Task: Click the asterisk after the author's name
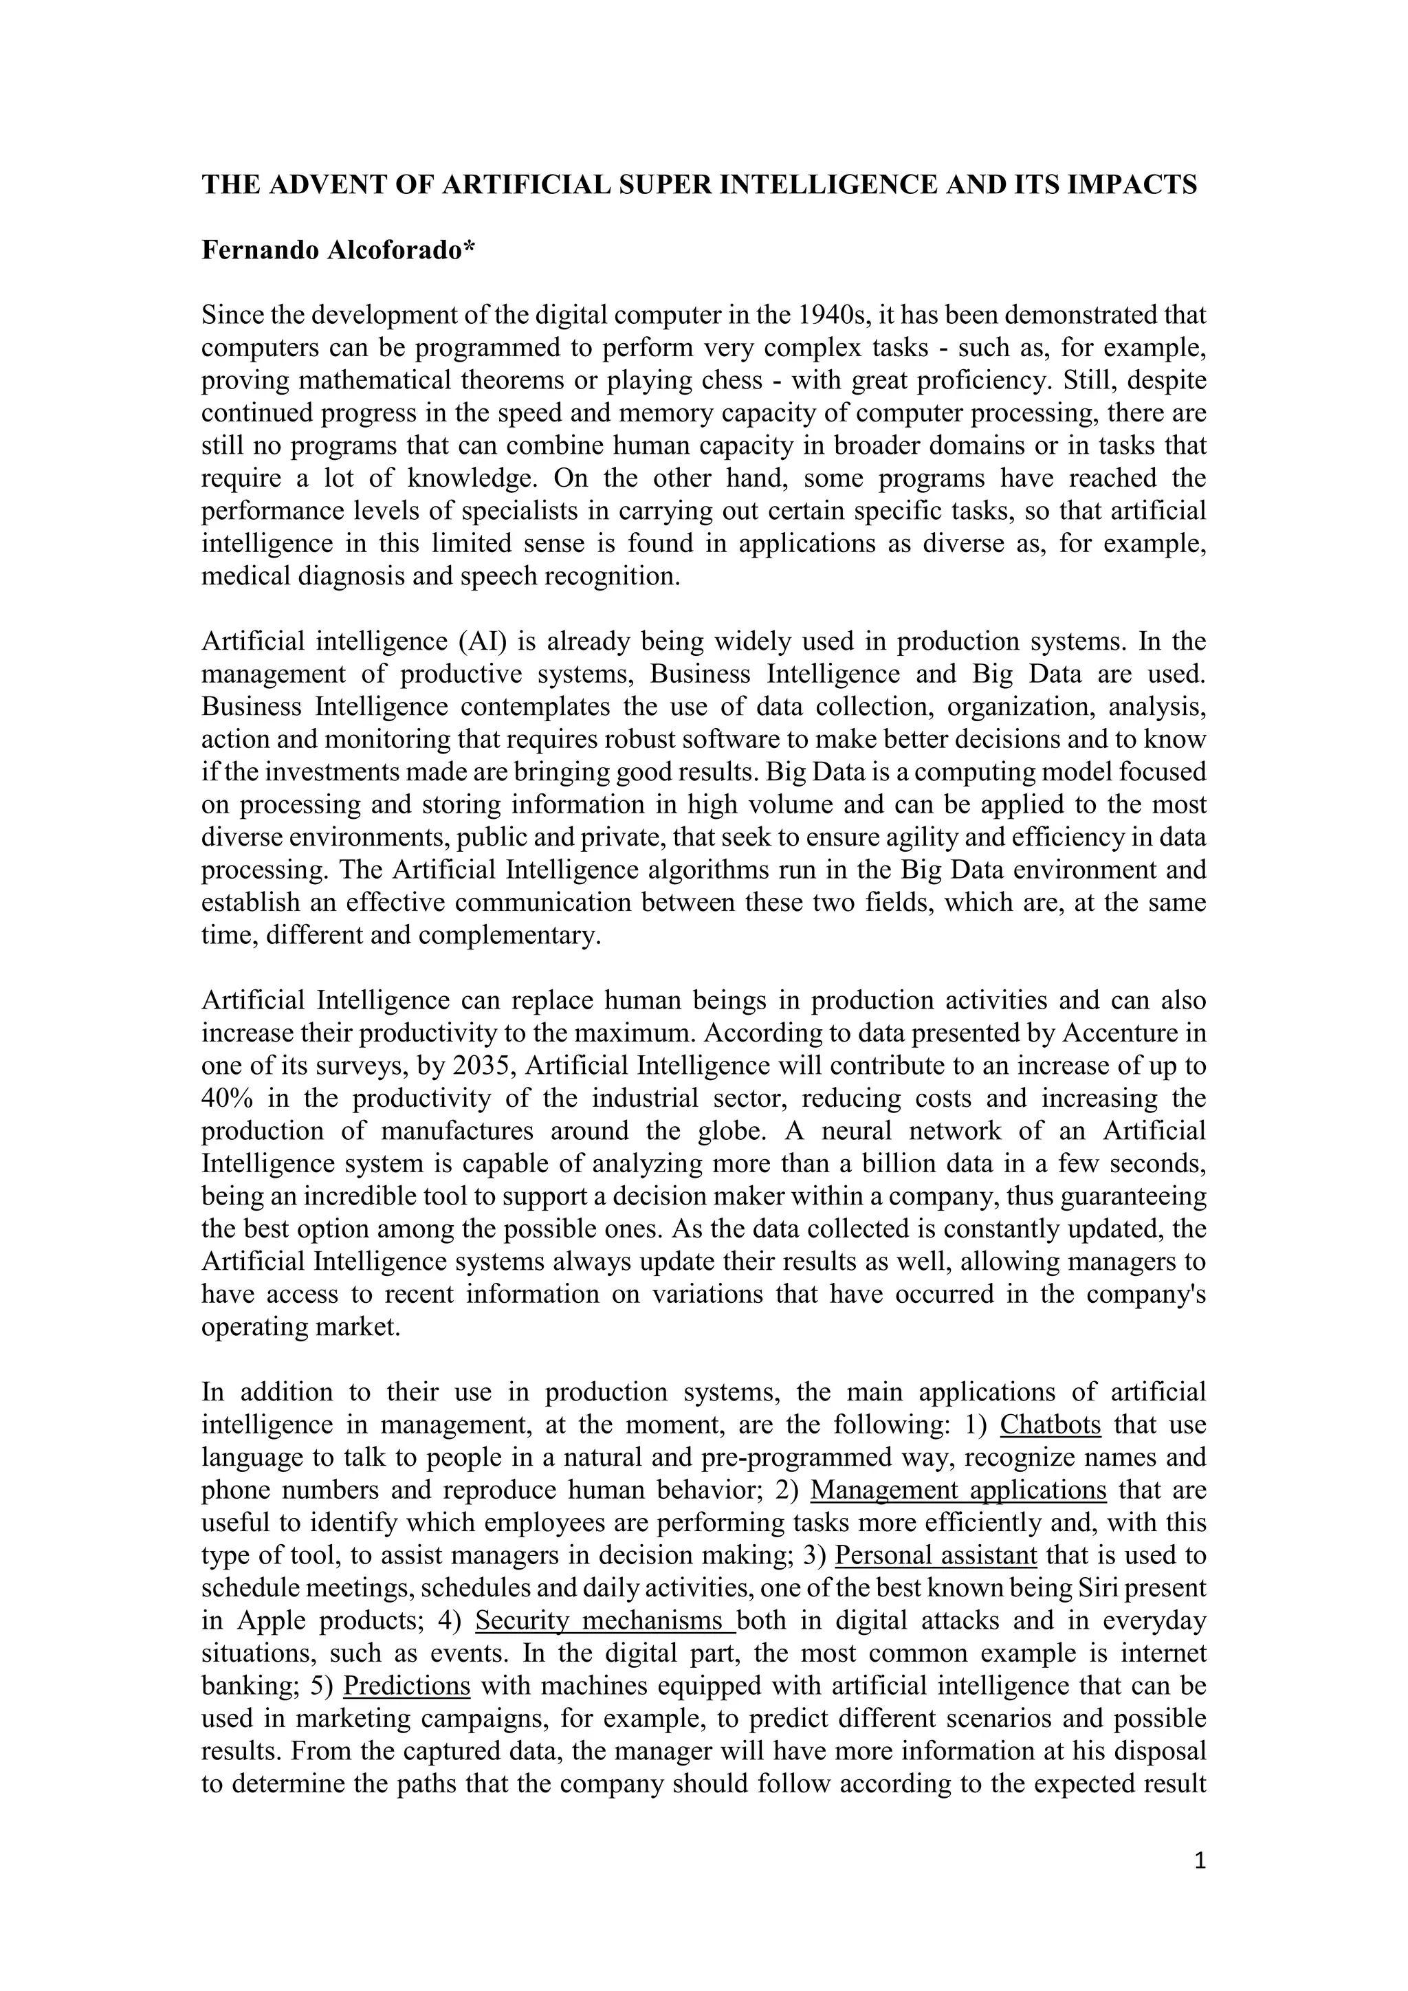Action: click(x=470, y=249)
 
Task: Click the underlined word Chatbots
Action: click(x=1050, y=1424)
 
